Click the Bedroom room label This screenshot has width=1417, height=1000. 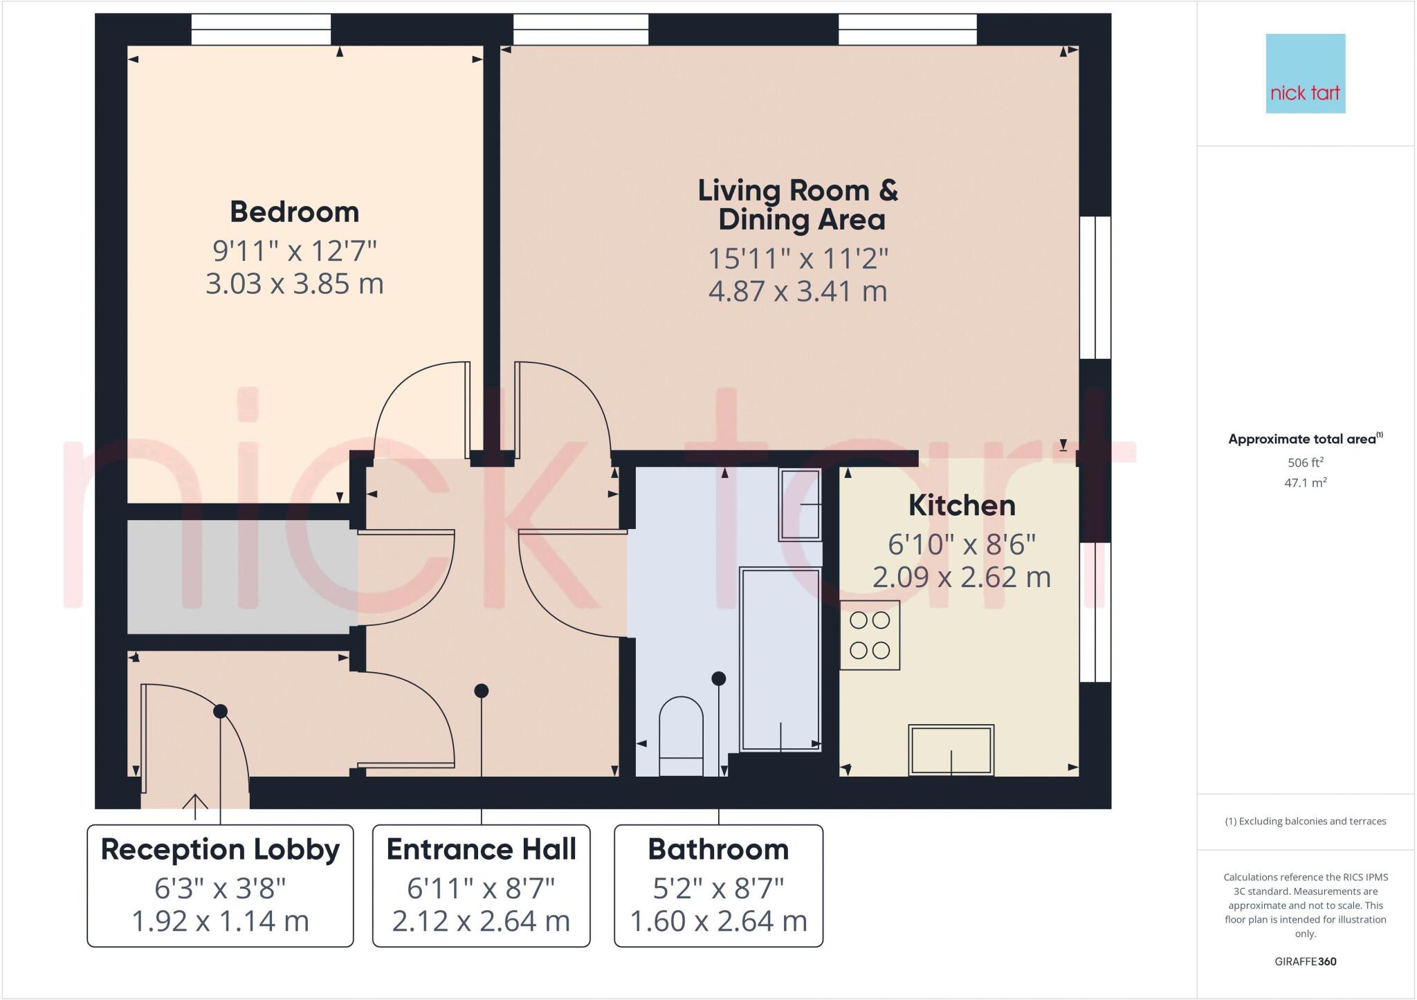(295, 212)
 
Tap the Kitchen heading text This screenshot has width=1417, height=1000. (962, 506)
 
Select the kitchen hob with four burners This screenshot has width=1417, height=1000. (870, 635)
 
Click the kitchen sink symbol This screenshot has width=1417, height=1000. (951, 750)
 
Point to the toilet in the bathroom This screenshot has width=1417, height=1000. (681, 737)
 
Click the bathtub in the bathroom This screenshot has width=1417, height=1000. (780, 659)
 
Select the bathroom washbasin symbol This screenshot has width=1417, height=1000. (800, 504)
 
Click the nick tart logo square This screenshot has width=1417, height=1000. (1305, 73)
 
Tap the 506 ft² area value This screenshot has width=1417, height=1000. (1305, 462)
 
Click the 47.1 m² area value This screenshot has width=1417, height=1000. (1305, 483)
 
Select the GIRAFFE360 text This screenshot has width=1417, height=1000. (1305, 961)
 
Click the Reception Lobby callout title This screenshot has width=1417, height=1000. (220, 849)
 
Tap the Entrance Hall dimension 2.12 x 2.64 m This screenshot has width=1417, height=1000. (481, 921)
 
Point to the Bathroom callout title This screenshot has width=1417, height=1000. (718, 849)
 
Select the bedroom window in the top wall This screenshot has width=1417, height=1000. (261, 30)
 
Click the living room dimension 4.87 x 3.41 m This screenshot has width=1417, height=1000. (797, 291)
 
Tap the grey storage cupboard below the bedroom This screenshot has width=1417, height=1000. (239, 576)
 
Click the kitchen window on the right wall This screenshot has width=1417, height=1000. (1095, 612)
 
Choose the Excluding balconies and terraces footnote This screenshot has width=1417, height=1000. (1305, 822)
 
